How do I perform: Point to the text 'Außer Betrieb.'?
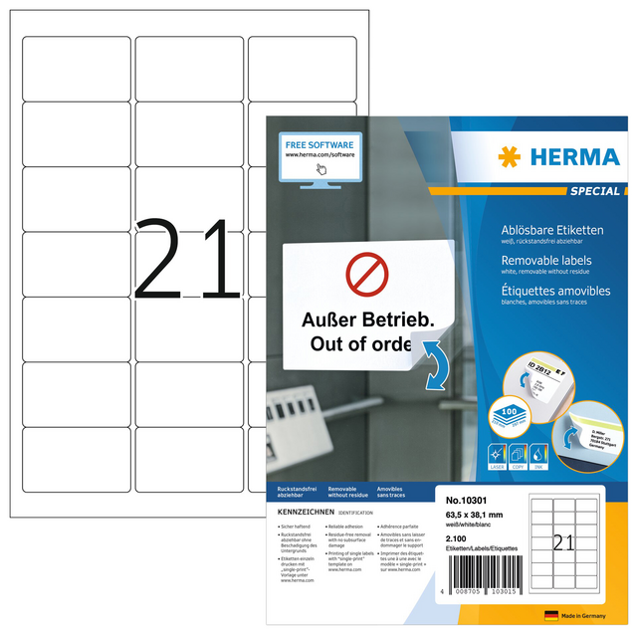[x=361, y=321]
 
